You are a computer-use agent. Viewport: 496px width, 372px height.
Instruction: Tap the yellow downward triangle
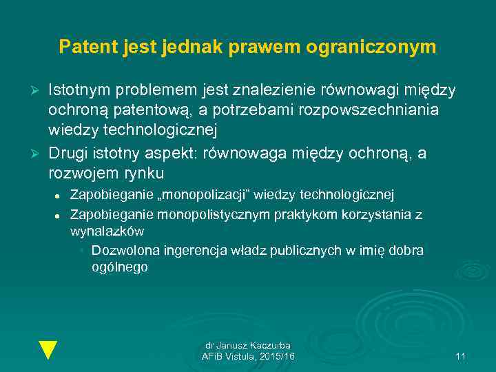coord(48,350)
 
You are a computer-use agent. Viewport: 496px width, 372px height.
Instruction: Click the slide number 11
coord(461,356)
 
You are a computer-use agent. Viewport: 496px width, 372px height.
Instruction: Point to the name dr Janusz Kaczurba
coord(248,345)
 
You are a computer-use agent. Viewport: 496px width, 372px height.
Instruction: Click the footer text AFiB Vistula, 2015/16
coord(248,356)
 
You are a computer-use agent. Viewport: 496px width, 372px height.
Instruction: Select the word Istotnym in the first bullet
coord(79,90)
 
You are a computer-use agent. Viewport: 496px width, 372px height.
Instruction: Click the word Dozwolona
coord(123,250)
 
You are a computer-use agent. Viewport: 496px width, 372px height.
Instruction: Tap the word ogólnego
coord(120,267)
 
